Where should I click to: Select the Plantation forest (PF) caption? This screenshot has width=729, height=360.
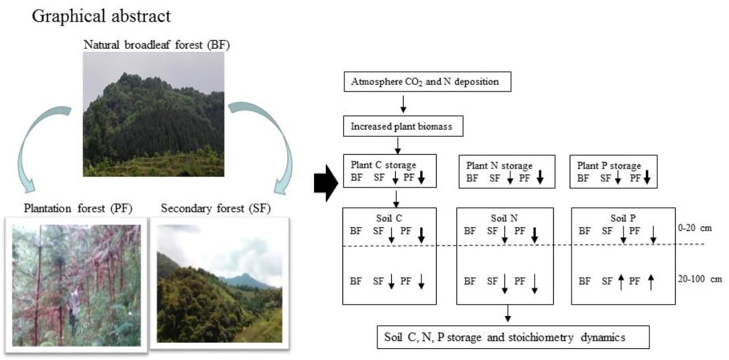78,209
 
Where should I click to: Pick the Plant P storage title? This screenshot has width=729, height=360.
607,165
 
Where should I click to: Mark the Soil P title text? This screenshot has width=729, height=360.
618,218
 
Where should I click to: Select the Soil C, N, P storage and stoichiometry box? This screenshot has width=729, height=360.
514,337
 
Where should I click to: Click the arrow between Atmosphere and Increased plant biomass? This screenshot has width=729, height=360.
403,104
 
